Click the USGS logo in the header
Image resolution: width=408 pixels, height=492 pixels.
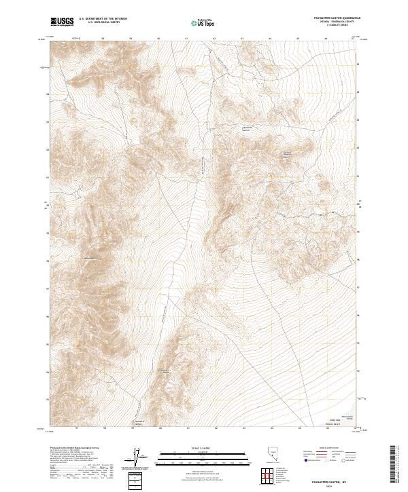click(x=63, y=22)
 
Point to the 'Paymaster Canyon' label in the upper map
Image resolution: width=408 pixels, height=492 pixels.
click(x=247, y=128)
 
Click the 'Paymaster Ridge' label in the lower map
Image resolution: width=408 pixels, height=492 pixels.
click(x=163, y=371)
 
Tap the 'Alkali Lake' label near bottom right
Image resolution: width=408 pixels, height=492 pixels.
click(x=333, y=421)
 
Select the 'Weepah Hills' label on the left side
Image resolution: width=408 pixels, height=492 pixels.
click(x=89, y=259)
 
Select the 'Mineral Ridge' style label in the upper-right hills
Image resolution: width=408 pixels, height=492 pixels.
click(x=287, y=153)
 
